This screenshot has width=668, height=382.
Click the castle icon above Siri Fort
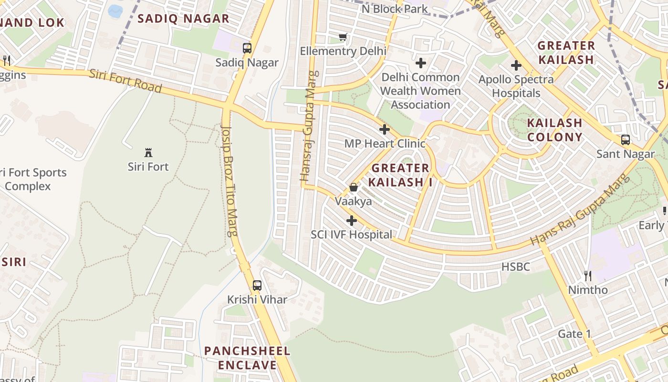pyautogui.click(x=148, y=153)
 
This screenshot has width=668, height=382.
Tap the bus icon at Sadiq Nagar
pyautogui.click(x=247, y=48)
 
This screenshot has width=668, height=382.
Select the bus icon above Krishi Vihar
pyautogui.click(x=257, y=286)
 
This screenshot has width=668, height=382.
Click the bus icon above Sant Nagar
pyautogui.click(x=625, y=140)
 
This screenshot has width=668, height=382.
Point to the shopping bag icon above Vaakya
pyautogui.click(x=353, y=187)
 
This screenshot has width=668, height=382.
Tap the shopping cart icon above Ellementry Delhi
pyautogui.click(x=343, y=37)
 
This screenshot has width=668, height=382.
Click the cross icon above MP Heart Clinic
pyautogui.click(x=385, y=129)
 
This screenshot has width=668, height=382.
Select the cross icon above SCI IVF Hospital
pyautogui.click(x=352, y=221)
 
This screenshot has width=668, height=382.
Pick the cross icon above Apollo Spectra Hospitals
pyautogui.click(x=516, y=65)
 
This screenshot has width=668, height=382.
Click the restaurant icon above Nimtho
pyautogui.click(x=588, y=276)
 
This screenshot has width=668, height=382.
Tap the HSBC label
pyautogui.click(x=515, y=266)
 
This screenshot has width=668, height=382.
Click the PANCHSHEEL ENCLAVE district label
pyautogui.click(x=247, y=358)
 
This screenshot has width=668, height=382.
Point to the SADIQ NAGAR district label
pyautogui.click(x=183, y=19)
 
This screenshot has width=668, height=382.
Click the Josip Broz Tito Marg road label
pyautogui.click(x=230, y=181)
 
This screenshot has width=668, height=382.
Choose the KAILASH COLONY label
pyautogui.click(x=554, y=130)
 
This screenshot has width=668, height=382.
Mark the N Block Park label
pyautogui.click(x=395, y=9)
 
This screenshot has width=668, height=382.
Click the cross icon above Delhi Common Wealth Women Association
pyautogui.click(x=420, y=63)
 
